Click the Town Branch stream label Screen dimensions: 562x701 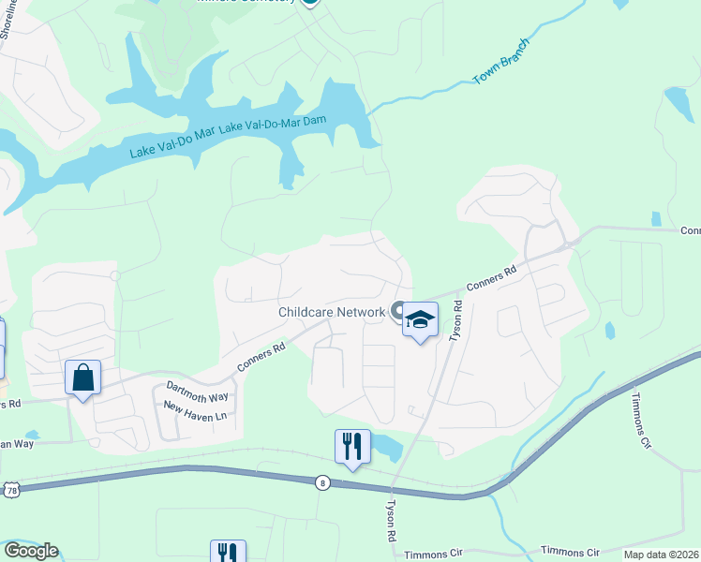[x=502, y=63]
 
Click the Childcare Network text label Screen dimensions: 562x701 [x=331, y=312]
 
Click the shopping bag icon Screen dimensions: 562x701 [x=83, y=378]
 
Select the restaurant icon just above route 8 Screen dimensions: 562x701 [x=352, y=447]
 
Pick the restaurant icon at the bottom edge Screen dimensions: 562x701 [x=228, y=552]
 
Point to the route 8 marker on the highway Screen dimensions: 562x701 [x=323, y=482]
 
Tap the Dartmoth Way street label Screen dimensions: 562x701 [x=197, y=390]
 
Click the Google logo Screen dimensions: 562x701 [x=31, y=551]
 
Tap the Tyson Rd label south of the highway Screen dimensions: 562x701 [x=392, y=521]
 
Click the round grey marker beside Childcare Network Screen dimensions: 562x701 [x=398, y=311]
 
